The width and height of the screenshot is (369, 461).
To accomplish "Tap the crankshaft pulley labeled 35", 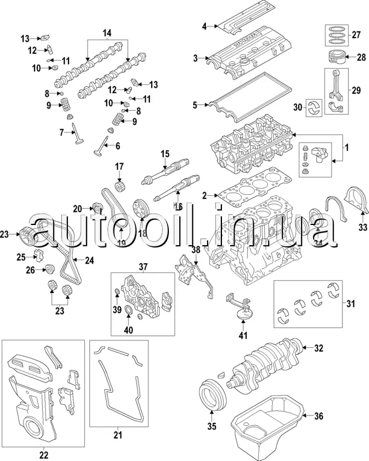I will click(x=211, y=396).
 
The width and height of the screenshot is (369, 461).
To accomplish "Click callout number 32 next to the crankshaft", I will click(x=319, y=347).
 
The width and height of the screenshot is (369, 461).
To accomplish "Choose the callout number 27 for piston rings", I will click(x=355, y=33).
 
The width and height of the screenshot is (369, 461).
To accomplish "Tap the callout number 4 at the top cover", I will click(x=204, y=25).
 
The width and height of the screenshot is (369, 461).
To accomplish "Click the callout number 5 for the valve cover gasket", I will click(x=195, y=105).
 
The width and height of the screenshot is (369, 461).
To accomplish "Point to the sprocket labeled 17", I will click(x=120, y=187).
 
